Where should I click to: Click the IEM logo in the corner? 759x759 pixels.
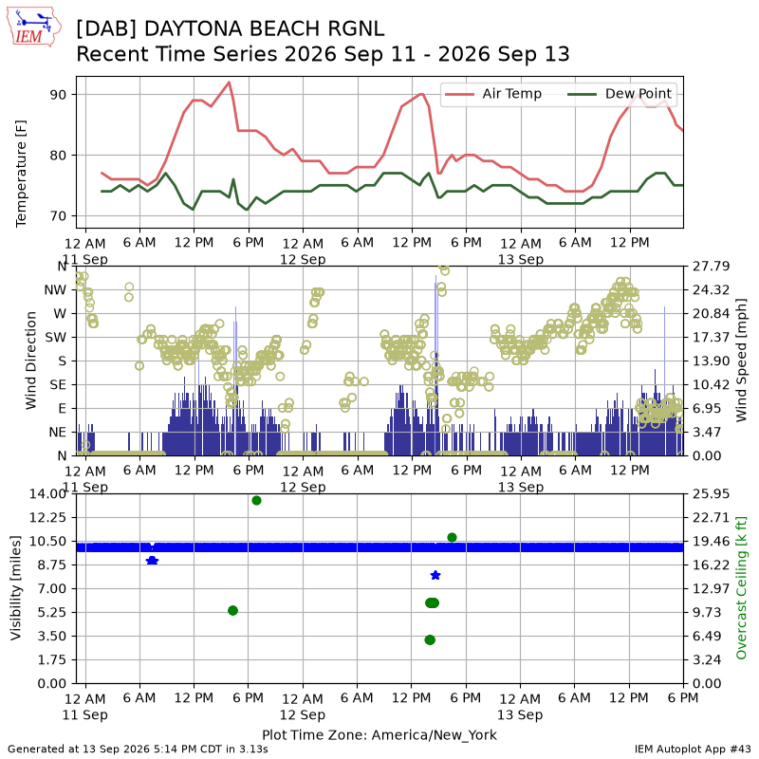pos(34,28)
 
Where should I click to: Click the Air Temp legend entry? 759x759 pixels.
pos(492,94)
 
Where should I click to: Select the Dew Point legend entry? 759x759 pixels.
pos(620,94)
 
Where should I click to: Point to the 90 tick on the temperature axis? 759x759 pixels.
pos(58,94)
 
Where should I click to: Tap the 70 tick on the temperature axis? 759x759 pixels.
pos(58,216)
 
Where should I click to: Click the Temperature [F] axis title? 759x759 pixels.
pos(21,174)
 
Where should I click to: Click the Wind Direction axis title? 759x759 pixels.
pos(31,361)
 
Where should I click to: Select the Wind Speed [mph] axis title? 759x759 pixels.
pos(741,361)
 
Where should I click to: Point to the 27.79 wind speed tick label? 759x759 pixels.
pos(711,267)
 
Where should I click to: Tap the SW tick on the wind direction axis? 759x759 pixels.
pos(56,338)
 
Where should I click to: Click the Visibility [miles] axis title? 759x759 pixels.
pos(16,587)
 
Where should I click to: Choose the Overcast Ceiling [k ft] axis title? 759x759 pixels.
pos(741,587)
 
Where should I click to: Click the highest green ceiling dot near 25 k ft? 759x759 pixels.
pos(256,500)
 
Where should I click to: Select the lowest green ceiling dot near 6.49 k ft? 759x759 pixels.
pos(430,639)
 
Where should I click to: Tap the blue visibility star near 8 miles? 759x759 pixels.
pos(435,575)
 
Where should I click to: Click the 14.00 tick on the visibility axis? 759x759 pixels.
pos(47,493)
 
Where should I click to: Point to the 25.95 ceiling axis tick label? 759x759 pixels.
pos(711,493)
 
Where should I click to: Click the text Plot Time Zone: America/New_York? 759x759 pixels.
pos(379,734)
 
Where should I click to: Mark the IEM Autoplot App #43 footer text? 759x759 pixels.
pos(693,750)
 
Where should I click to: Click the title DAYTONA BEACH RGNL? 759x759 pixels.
pos(265,28)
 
